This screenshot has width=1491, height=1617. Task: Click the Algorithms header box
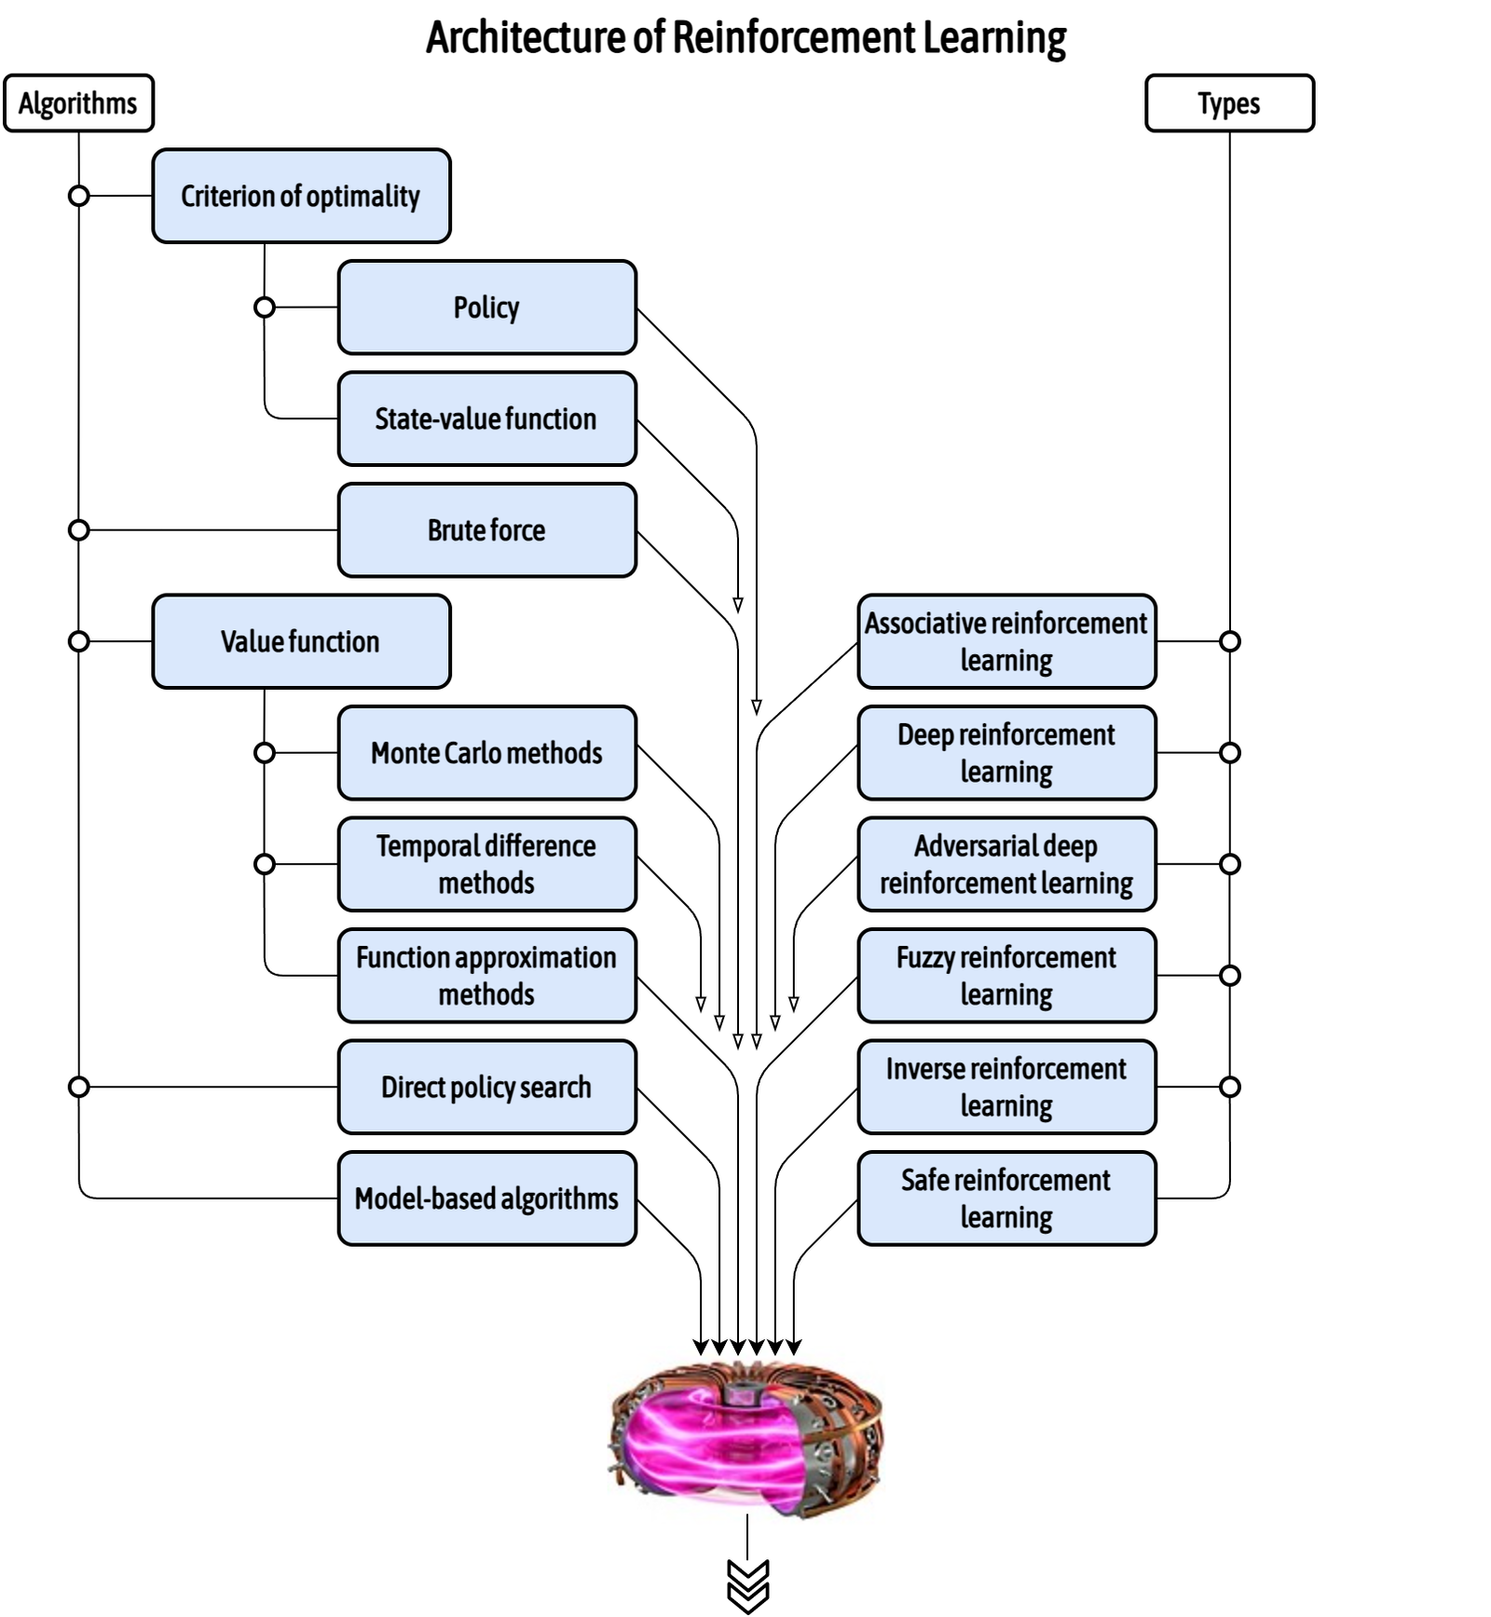[78, 103]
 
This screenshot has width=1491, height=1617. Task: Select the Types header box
[1228, 103]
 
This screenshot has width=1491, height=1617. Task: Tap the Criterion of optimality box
[301, 197]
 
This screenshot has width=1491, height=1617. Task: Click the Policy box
[486, 308]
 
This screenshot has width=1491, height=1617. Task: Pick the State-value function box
[486, 419]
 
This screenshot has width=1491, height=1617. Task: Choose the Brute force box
[486, 530]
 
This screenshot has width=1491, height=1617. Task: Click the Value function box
[301, 642]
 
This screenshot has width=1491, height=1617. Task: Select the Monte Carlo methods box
[486, 753]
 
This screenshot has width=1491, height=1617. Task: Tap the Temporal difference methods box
[486, 865]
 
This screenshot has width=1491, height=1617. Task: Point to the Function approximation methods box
[486, 976]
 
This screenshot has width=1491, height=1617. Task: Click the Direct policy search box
[486, 1088]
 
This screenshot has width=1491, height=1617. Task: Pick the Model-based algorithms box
[486, 1199]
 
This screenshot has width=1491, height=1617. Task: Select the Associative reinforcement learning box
[1006, 642]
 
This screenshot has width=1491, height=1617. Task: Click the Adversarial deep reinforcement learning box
[1006, 865]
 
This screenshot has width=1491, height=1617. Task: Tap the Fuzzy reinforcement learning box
[1006, 976]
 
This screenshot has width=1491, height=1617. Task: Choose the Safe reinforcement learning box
[1006, 1199]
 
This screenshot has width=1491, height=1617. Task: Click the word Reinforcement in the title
[794, 38]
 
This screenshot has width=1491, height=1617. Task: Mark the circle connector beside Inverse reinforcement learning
[1229, 1087]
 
